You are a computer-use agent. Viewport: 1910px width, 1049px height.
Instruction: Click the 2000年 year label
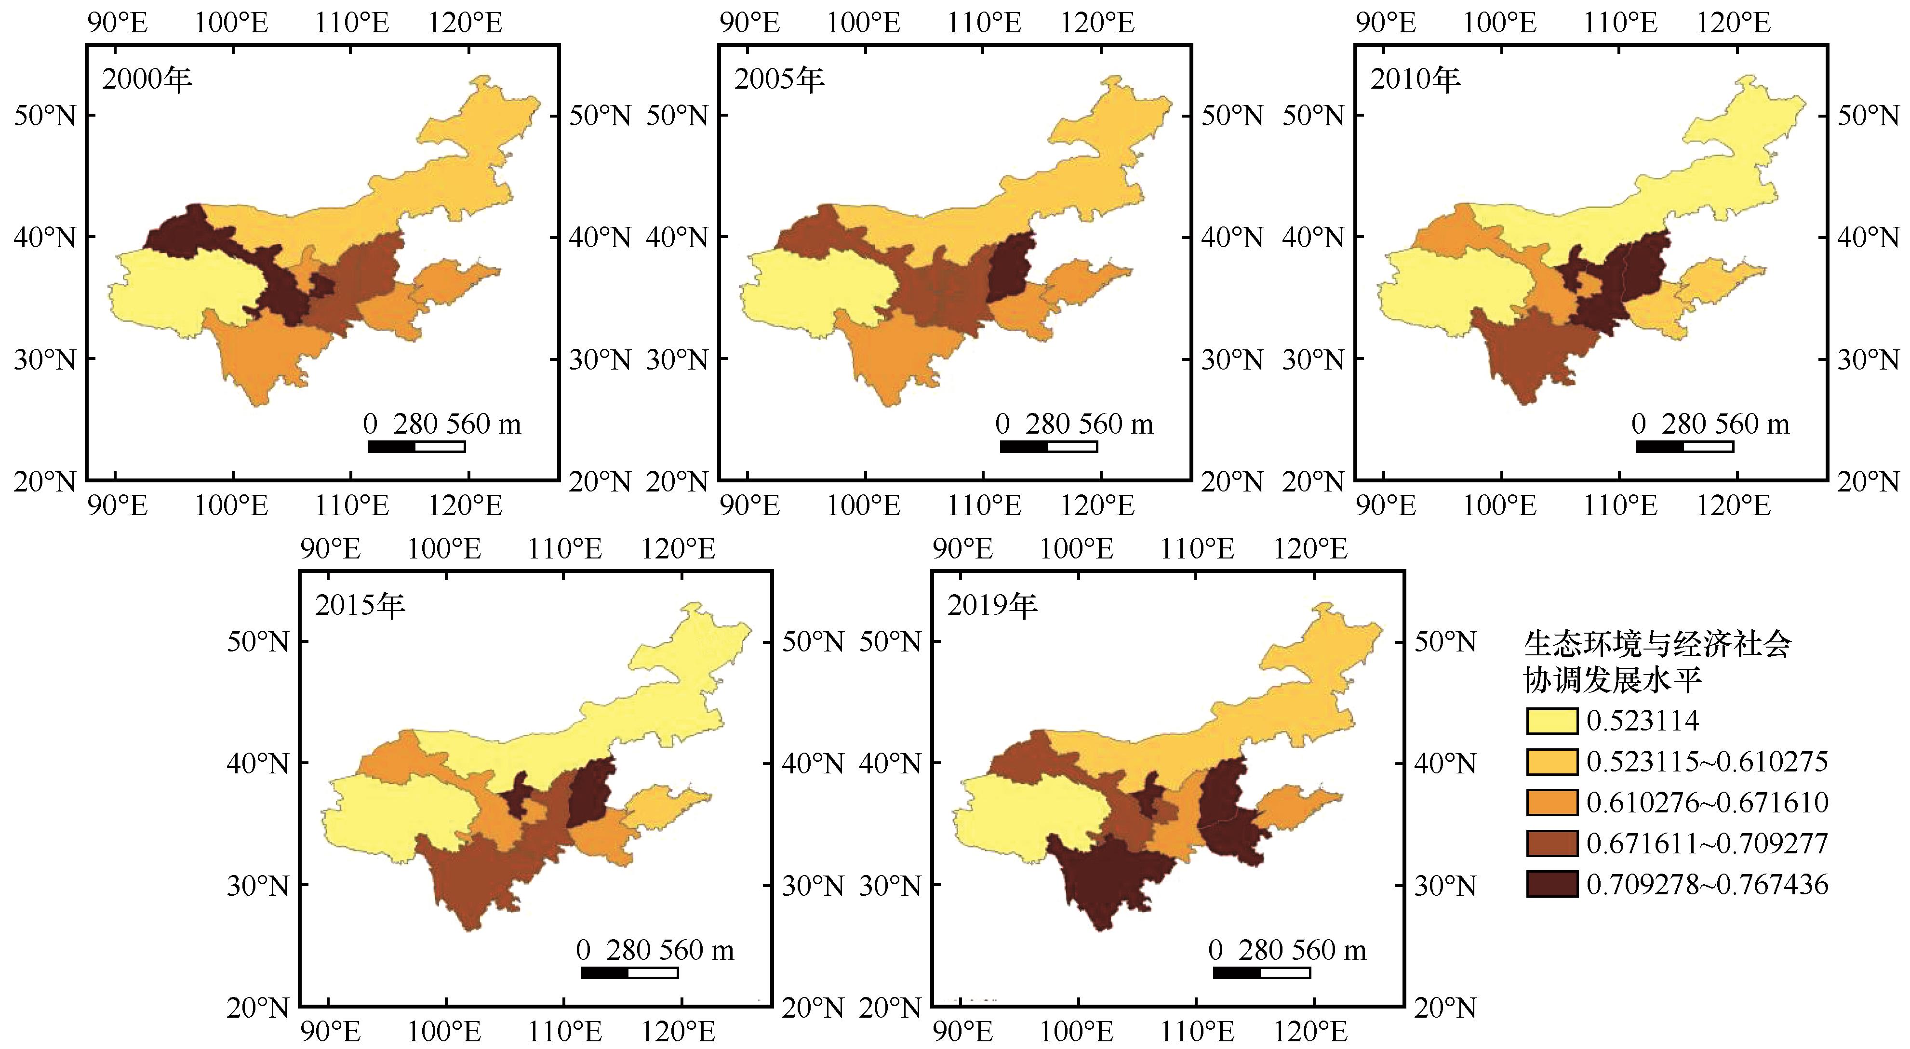tap(147, 79)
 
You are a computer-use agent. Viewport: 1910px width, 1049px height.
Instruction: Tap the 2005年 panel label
tap(779, 79)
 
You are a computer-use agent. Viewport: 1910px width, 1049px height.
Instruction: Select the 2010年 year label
tap(1415, 79)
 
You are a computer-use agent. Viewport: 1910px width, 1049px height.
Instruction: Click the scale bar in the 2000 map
tap(416, 446)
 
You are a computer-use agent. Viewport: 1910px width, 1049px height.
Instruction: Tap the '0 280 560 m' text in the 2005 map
tap(1074, 424)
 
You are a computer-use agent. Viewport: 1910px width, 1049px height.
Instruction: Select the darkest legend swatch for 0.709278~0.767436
tap(1552, 884)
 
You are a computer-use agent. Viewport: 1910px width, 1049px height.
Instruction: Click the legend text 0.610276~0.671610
tap(1707, 803)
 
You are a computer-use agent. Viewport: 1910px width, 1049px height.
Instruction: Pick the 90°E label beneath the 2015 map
tap(331, 1031)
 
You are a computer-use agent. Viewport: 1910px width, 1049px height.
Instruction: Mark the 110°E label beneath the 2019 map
tap(1197, 1031)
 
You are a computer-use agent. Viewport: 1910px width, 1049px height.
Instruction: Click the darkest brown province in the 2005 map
tap(1011, 266)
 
